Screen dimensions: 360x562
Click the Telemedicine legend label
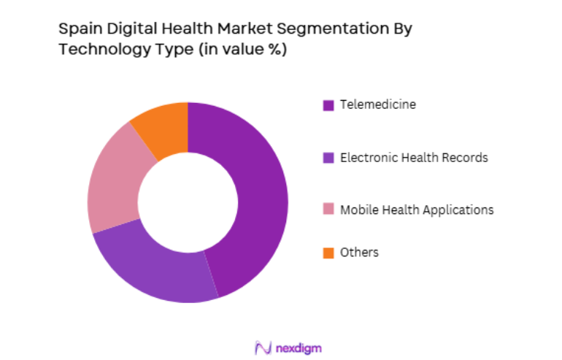point(378,104)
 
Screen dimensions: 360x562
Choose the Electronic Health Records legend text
point(414,157)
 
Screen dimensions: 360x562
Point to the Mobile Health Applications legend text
point(417,210)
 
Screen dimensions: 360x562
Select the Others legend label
point(360,253)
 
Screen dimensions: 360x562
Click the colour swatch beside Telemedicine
point(328,105)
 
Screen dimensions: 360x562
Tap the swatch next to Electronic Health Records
point(328,158)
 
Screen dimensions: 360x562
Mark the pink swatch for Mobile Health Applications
point(328,210)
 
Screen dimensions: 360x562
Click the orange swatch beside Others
point(328,253)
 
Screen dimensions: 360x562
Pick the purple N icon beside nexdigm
point(263,347)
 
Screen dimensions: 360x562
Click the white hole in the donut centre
point(188,202)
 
